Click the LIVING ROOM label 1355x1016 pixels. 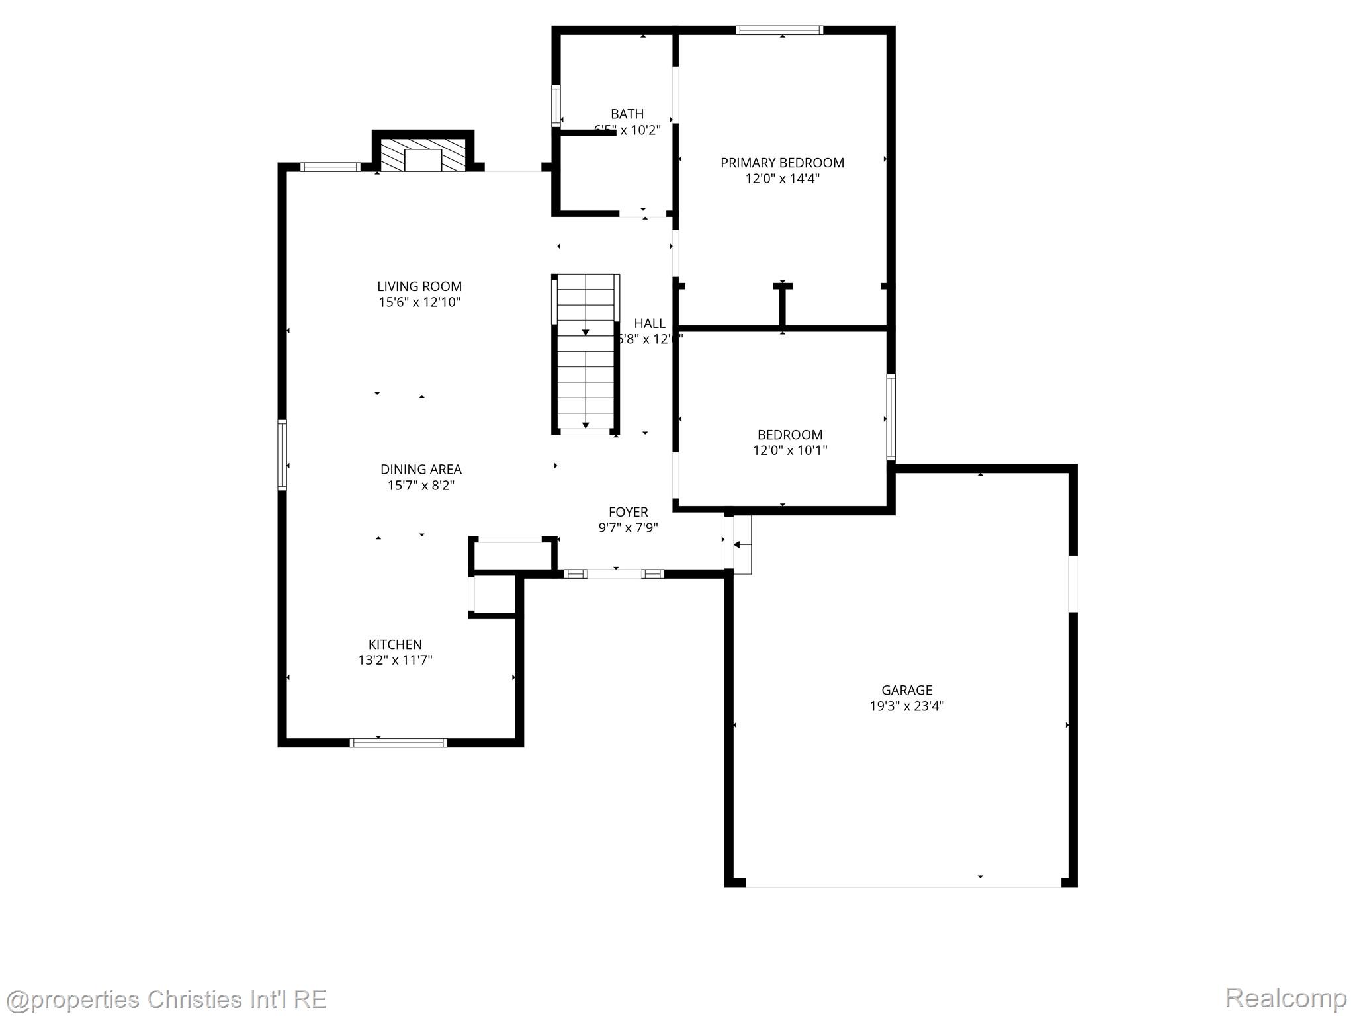pos(419,286)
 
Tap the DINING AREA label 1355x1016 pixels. pos(421,469)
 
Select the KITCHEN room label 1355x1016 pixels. pos(395,644)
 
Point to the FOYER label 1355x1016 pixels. pos(628,512)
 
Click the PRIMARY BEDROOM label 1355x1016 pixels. pos(782,163)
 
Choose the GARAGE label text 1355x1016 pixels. pos(906,690)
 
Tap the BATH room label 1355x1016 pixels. pos(627,114)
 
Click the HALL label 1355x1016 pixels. pos(650,323)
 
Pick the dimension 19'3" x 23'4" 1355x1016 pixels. pos(906,706)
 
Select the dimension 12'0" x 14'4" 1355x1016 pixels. pos(782,179)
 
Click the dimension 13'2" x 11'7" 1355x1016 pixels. pos(395,660)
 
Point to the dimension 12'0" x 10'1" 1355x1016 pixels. pos(790,450)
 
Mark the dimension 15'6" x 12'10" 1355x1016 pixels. pos(419,302)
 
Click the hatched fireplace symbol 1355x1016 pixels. pos(423,155)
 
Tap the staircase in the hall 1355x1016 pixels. pos(586,354)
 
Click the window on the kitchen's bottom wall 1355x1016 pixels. pos(398,743)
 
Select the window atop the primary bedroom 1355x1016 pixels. pos(779,30)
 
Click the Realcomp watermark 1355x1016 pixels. pos(1286,997)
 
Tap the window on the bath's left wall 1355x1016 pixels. pos(556,105)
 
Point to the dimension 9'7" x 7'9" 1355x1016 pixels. pos(628,528)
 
